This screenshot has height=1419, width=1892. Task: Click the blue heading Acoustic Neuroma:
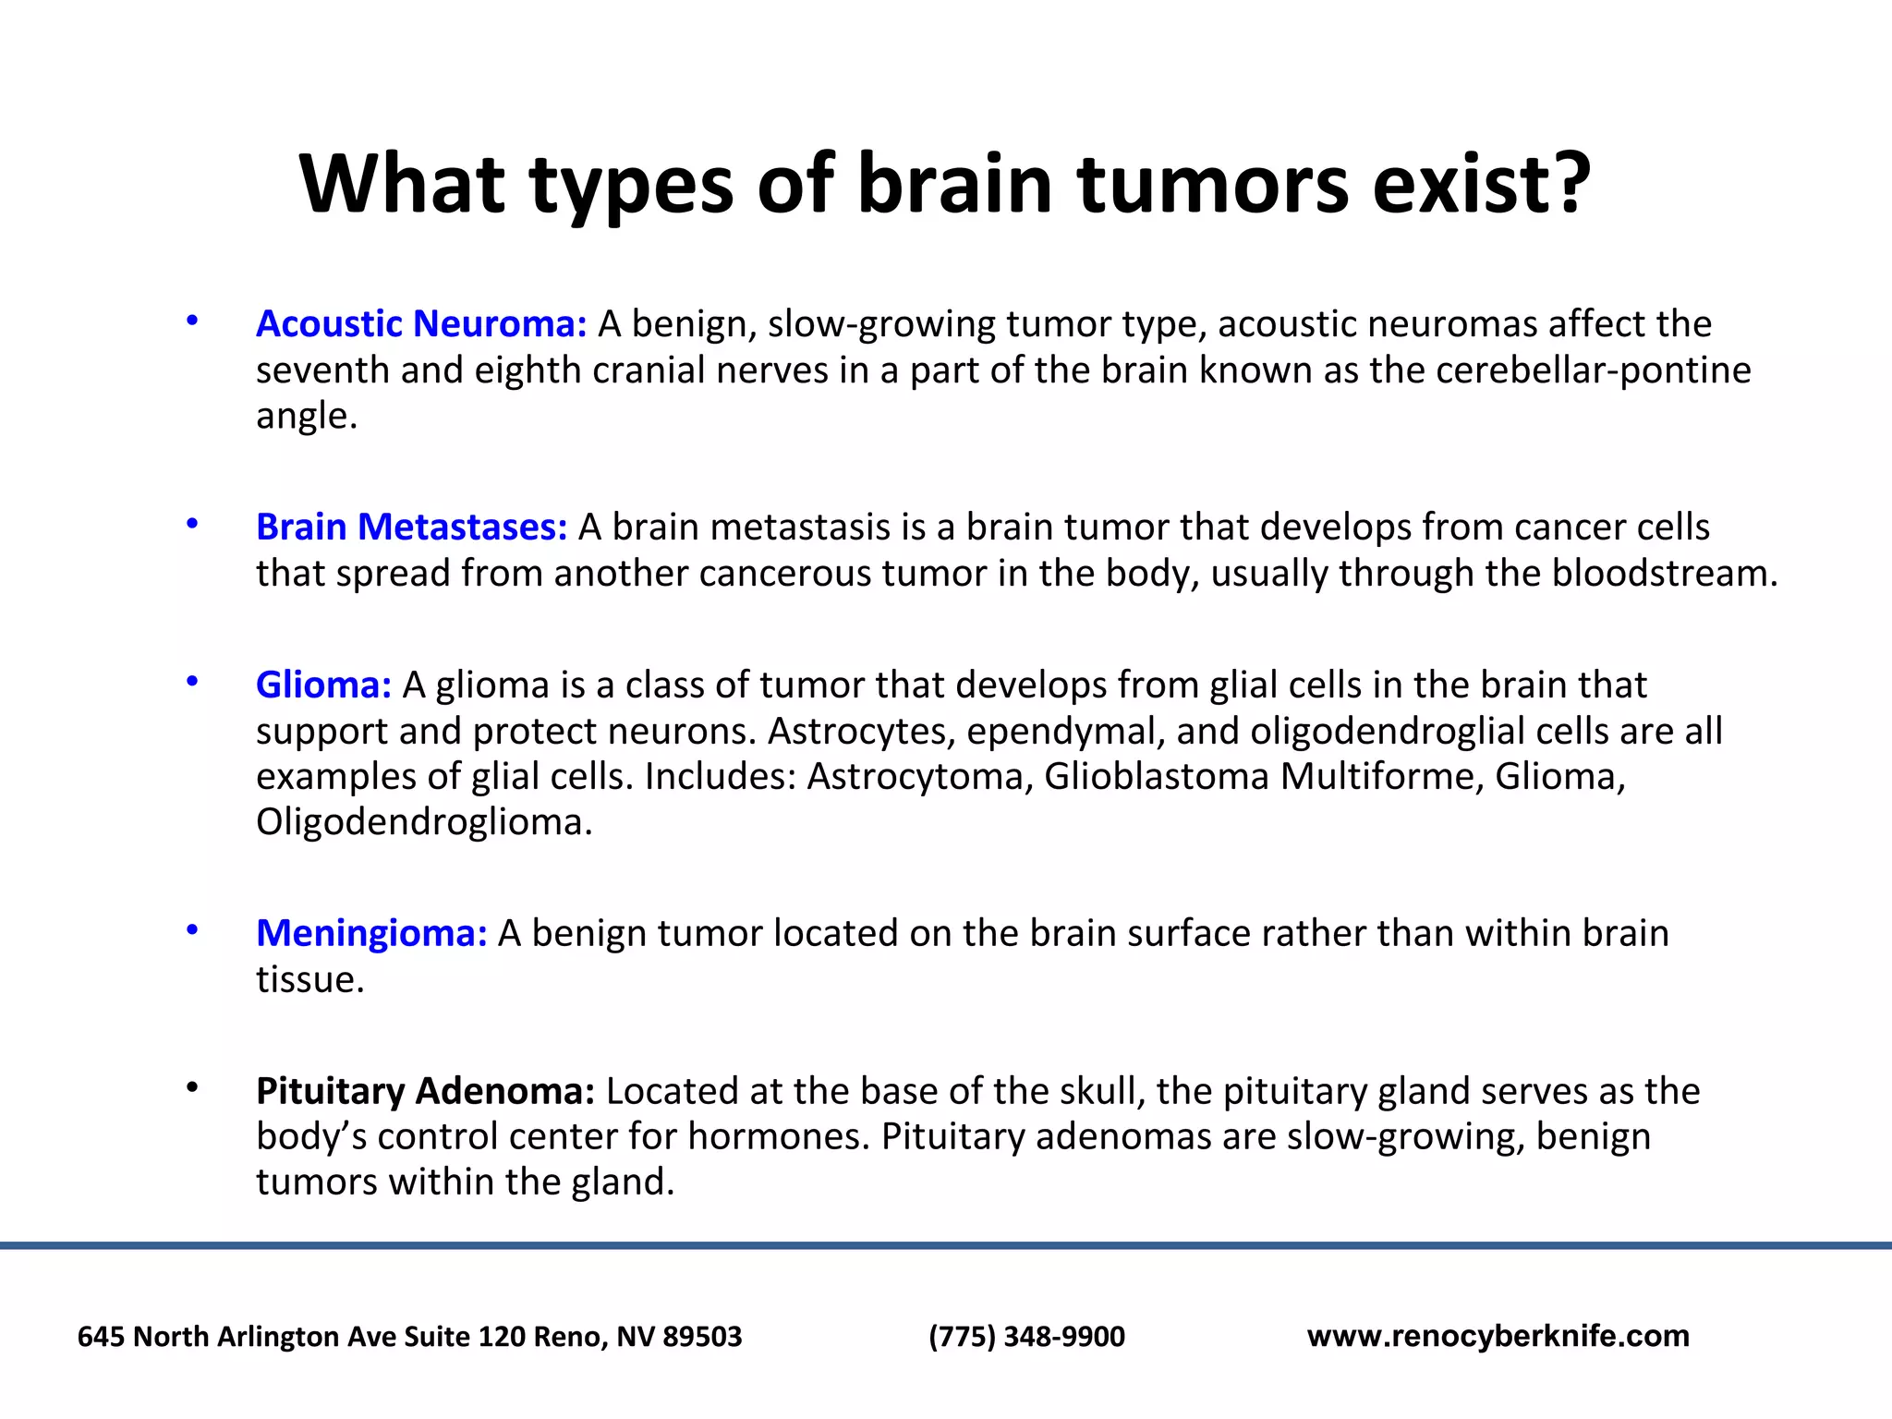421,324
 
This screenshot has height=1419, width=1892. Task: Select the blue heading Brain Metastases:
411,528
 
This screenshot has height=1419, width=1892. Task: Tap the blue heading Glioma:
323,685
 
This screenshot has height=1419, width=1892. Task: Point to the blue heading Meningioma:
371,934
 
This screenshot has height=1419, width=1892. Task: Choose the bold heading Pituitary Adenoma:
425,1092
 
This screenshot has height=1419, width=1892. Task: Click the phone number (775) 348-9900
1026,1337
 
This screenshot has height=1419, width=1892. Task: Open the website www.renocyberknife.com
1498,1337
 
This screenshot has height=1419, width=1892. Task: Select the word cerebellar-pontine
1594,370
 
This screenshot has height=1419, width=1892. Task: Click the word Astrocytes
860,732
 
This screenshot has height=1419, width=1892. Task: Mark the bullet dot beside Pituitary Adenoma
192,1088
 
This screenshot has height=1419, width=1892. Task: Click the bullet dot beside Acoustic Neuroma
192,321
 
